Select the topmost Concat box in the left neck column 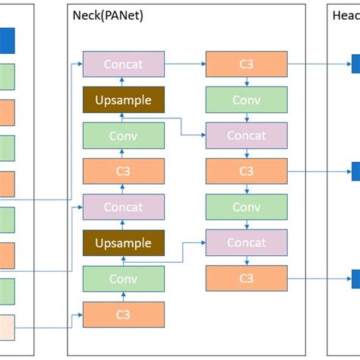(x=123, y=65)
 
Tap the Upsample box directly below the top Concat (x=123, y=100)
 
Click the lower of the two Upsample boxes (x=123, y=243)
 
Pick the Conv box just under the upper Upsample (x=123, y=136)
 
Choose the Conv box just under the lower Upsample (x=123, y=279)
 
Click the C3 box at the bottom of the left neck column (x=123, y=314)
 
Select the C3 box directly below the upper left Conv (x=123, y=172)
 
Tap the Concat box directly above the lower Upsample (x=123, y=207)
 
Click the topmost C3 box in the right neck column (x=246, y=65)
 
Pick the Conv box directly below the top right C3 (x=246, y=100)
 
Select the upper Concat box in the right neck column (x=246, y=136)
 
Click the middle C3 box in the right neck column (x=246, y=172)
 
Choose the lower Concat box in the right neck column (x=246, y=243)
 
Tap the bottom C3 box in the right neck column (x=246, y=279)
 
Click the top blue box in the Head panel (x=355, y=65)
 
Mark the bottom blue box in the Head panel (x=355, y=279)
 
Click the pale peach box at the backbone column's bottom (x=7, y=327)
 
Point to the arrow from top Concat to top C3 (x=185, y=65)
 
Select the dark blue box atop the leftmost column (x=7, y=40)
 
